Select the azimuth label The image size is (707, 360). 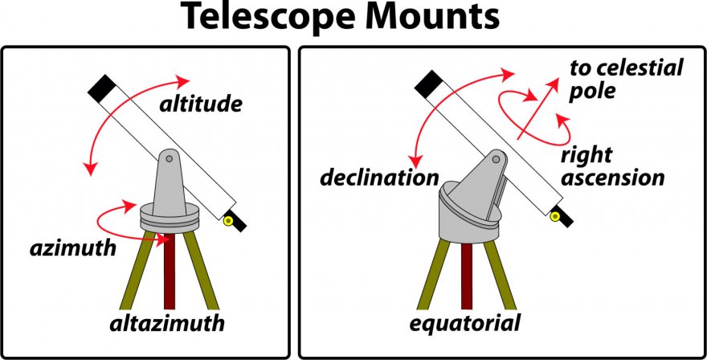click(x=72, y=247)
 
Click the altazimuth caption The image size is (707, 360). click(x=166, y=325)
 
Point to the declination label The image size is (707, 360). click(x=379, y=177)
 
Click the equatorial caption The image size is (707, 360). click(x=465, y=325)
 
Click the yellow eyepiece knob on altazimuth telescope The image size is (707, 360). click(x=229, y=220)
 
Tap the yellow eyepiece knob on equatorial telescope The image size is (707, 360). click(x=555, y=215)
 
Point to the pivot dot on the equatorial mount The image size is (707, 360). click(x=497, y=161)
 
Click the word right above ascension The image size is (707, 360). click(x=586, y=154)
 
